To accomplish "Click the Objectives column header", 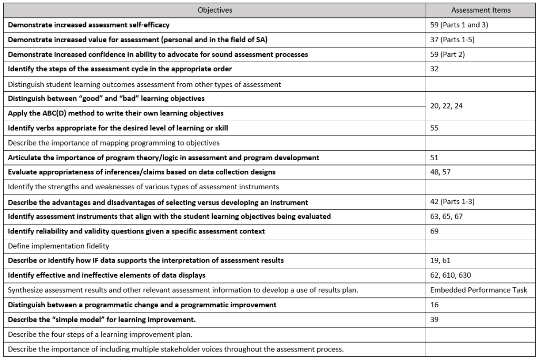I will pyautogui.click(x=214, y=10).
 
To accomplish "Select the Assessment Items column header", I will pyautogui.click(x=481, y=10).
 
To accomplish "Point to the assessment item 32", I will pyautogui.click(x=434, y=69).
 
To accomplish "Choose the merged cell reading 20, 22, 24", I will pyautogui.click(x=446, y=106).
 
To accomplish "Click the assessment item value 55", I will pyautogui.click(x=434, y=128).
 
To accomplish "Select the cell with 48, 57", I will pyautogui.click(x=440, y=172).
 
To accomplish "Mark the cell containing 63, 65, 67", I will pyautogui.click(x=446, y=216).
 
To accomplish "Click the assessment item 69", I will pyautogui.click(x=434, y=231).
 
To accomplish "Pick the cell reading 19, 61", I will pyautogui.click(x=440, y=260).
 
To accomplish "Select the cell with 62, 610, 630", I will pyautogui.click(x=450, y=275).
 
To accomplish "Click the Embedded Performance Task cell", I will pyautogui.click(x=478, y=290).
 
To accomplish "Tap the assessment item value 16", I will pyautogui.click(x=434, y=305).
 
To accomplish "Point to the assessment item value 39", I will pyautogui.click(x=434, y=319).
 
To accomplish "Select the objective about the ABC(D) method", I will pyautogui.click(x=115, y=113).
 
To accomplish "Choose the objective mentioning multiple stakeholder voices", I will pyautogui.click(x=175, y=349).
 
